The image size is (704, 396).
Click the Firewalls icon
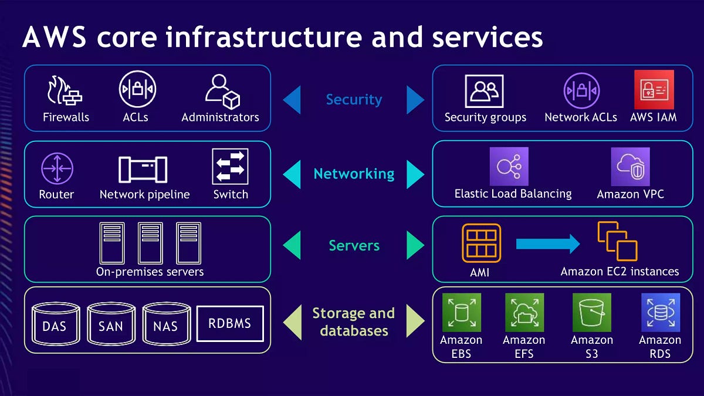[x=65, y=90]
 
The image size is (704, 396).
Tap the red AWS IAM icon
[x=654, y=90]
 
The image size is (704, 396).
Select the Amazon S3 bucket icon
[x=591, y=313]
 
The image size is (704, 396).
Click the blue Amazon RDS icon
[x=660, y=313]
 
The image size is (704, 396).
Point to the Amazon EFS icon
[x=524, y=313]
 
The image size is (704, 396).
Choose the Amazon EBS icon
[x=461, y=313]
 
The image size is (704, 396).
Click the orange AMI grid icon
[x=481, y=243]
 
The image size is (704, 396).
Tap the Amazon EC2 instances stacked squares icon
[x=617, y=241]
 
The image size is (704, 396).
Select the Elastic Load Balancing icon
[x=509, y=167]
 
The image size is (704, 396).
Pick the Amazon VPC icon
[x=630, y=167]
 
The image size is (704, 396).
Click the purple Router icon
[x=56, y=169]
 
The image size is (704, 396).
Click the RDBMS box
[x=230, y=323]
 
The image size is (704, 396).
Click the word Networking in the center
[x=354, y=174]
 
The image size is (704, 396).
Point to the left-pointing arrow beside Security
[x=292, y=100]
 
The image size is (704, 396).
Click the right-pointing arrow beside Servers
[x=415, y=245]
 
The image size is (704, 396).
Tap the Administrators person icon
[x=221, y=91]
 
